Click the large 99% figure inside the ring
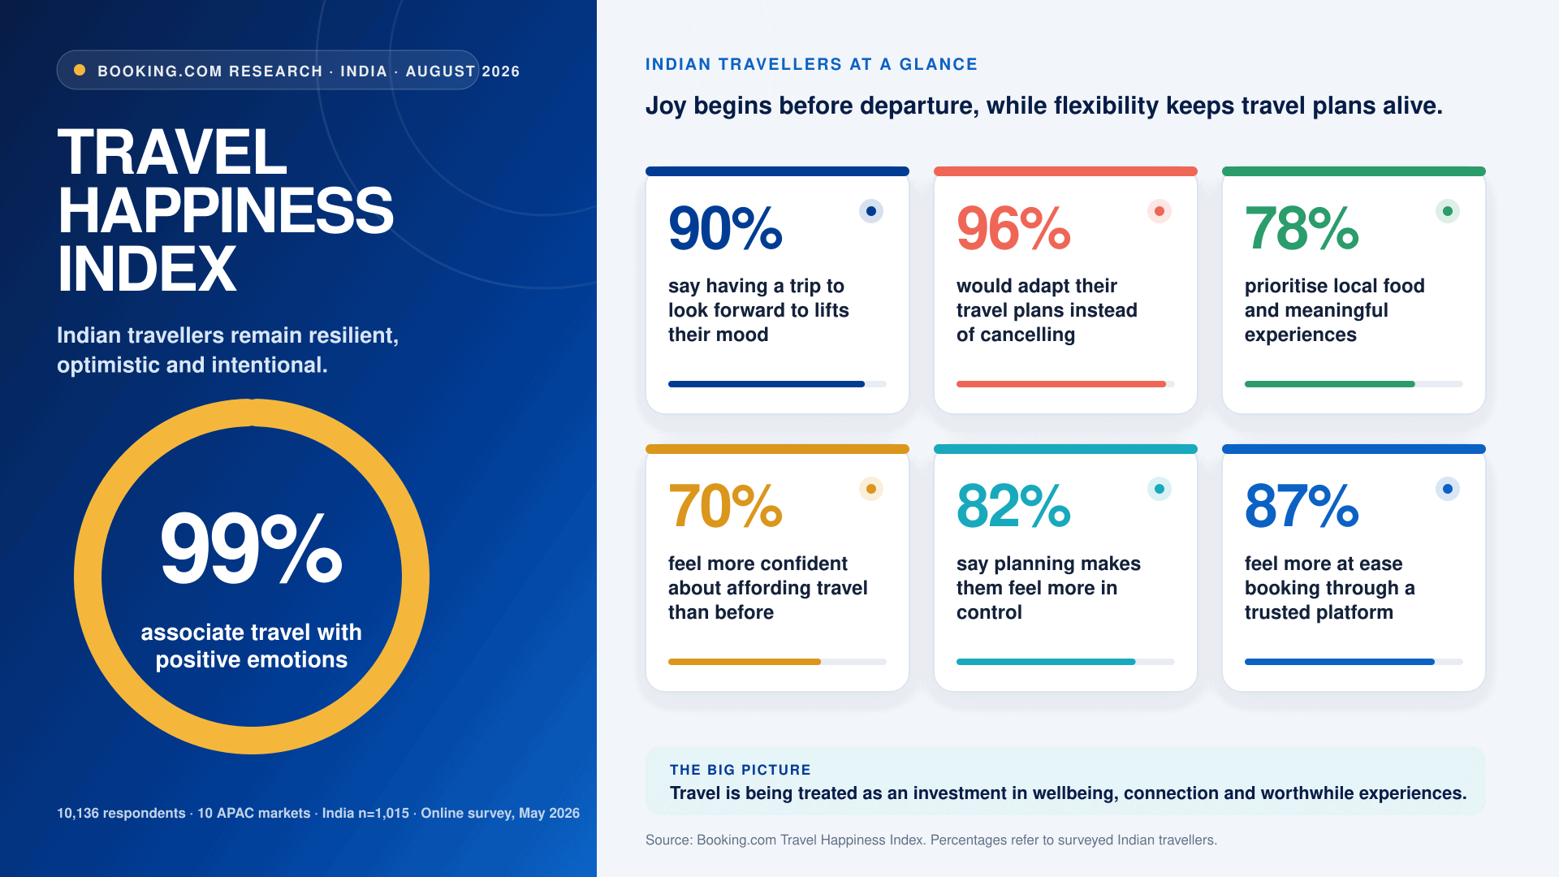click(252, 548)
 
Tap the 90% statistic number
click(725, 228)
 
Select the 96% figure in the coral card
click(1013, 228)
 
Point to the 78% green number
click(1302, 228)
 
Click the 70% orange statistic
click(725, 506)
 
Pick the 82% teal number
click(1013, 506)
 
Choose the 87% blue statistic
click(1302, 506)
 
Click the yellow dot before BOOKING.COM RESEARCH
click(80, 70)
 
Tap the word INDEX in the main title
click(147, 270)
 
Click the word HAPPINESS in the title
click(226, 211)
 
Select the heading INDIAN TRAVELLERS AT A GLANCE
click(811, 64)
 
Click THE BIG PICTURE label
click(741, 770)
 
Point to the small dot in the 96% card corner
click(1160, 211)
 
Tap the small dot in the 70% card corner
click(871, 489)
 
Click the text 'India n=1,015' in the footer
click(365, 813)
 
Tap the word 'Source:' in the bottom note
click(669, 840)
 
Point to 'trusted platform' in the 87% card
click(1319, 612)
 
